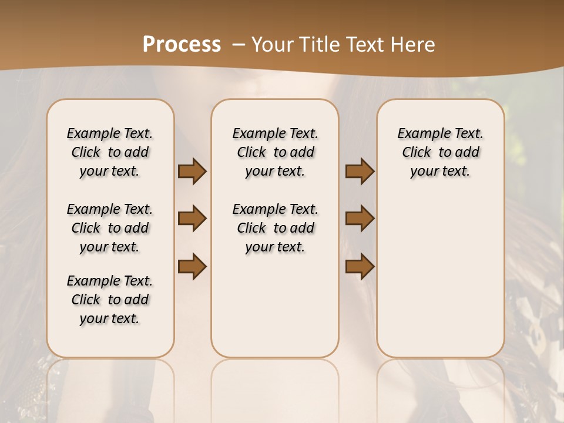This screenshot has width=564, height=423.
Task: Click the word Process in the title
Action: pyautogui.click(x=182, y=45)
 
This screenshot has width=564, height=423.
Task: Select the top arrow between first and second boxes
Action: pyautogui.click(x=192, y=172)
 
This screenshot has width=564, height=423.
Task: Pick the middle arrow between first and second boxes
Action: pyautogui.click(x=192, y=219)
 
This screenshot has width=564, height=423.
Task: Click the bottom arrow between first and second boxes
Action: pyautogui.click(x=192, y=266)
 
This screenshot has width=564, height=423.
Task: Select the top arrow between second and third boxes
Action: pyautogui.click(x=360, y=172)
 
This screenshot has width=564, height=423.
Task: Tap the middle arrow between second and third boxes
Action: pyautogui.click(x=360, y=219)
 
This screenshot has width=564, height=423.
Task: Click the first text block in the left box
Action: pyautogui.click(x=110, y=152)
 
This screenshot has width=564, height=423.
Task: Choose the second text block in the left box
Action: pyautogui.click(x=110, y=228)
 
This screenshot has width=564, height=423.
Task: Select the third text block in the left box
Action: pyautogui.click(x=110, y=300)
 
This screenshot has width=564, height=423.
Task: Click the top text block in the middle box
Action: pyautogui.click(x=275, y=152)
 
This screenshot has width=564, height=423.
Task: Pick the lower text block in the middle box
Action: pyautogui.click(x=275, y=228)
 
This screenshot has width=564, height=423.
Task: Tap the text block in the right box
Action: pyautogui.click(x=440, y=152)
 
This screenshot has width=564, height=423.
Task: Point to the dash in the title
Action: pyautogui.click(x=239, y=45)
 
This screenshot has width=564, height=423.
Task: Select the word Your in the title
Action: pyautogui.click(x=268, y=45)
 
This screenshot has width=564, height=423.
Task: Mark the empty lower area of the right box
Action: pyautogui.click(x=440, y=276)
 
